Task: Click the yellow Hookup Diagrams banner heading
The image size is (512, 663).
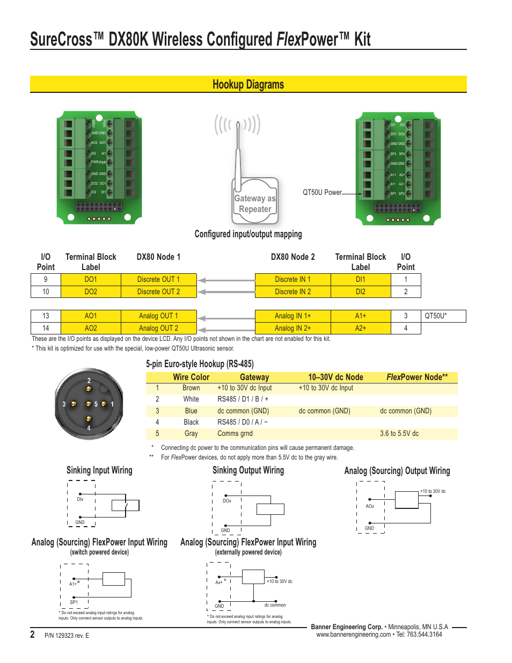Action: (x=248, y=84)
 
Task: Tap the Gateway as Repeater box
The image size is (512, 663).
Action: (x=255, y=203)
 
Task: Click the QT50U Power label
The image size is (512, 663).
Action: (x=322, y=192)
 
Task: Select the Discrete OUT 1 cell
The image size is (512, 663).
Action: (x=158, y=279)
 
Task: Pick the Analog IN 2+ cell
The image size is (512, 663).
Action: (x=292, y=328)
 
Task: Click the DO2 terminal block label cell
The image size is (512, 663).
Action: (x=91, y=292)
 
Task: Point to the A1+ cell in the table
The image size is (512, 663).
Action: (x=360, y=316)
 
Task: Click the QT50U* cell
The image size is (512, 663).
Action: (x=436, y=316)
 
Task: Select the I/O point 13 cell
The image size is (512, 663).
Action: (x=46, y=316)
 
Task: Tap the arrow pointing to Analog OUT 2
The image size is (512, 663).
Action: (x=225, y=329)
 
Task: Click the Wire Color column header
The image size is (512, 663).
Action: (x=191, y=377)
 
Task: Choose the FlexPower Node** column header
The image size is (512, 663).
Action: (x=417, y=377)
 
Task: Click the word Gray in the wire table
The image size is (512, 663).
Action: (x=191, y=433)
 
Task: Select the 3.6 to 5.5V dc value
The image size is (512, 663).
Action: (x=399, y=433)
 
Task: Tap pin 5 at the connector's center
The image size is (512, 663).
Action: (x=89, y=404)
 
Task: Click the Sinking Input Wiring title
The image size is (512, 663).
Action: (x=99, y=470)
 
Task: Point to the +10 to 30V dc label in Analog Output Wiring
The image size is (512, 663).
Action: (x=433, y=491)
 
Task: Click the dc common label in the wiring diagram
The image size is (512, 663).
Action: (x=275, y=605)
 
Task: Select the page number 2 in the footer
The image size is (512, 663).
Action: (x=32, y=635)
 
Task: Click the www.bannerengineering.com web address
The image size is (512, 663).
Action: (x=353, y=635)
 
